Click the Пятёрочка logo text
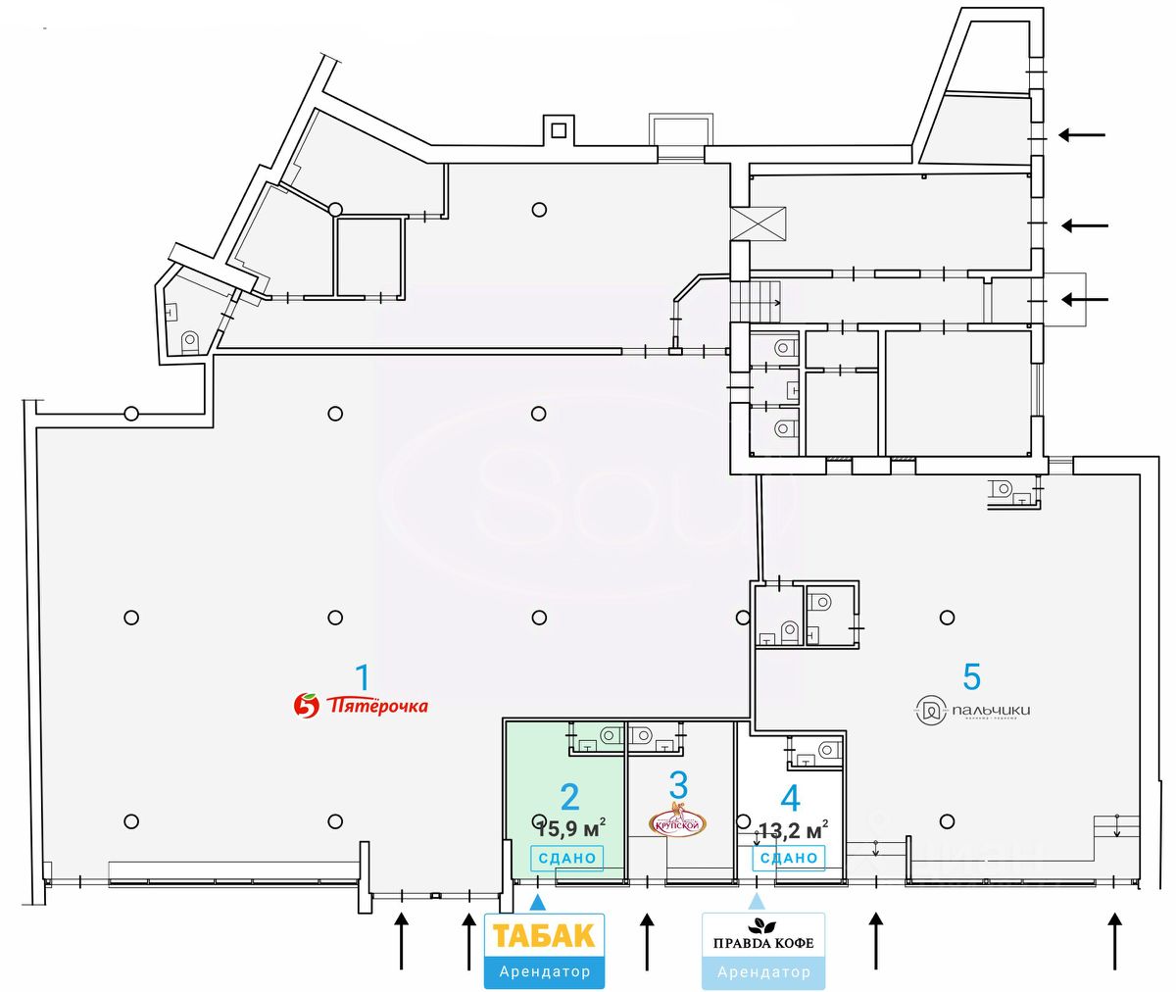(x=377, y=705)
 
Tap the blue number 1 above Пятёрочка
(x=363, y=676)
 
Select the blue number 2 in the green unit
(x=569, y=795)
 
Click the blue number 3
(x=679, y=785)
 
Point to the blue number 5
(x=971, y=676)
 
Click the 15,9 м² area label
(x=571, y=829)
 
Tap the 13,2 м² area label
(x=793, y=830)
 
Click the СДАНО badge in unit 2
(x=567, y=858)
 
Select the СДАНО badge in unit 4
(x=789, y=858)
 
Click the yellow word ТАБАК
(x=544, y=935)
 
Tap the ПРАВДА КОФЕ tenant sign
(x=763, y=943)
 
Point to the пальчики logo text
(x=990, y=711)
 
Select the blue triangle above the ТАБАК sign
(x=537, y=901)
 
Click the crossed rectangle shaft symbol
(x=759, y=223)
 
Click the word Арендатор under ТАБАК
(x=544, y=971)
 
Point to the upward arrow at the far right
(x=1114, y=940)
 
